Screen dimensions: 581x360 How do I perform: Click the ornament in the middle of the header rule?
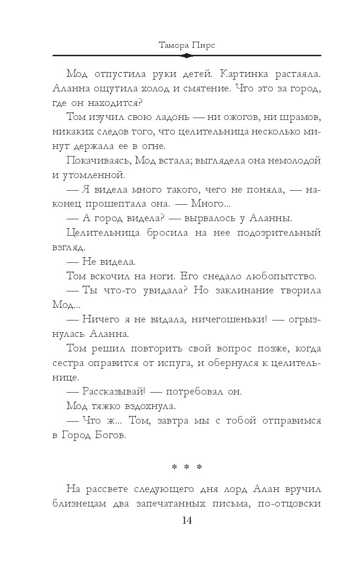pyautogui.click(x=187, y=56)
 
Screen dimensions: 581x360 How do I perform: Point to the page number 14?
pyautogui.click(x=187, y=521)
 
